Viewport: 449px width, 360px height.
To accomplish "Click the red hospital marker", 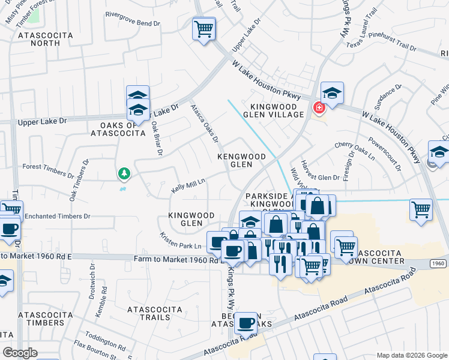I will click(319, 107).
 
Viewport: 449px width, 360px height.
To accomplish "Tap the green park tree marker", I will click(124, 174).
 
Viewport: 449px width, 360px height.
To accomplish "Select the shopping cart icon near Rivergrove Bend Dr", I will click(204, 28).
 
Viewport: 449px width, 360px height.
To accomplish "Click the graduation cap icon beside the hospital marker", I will click(332, 93).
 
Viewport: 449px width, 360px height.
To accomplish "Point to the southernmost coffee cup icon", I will click(246, 324).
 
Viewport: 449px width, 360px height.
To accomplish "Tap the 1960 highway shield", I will click(439, 263).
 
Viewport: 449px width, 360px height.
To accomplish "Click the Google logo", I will click(20, 353).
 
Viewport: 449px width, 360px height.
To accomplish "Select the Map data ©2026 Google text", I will click(412, 355).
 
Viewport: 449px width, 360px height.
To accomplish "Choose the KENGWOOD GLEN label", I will click(241, 160).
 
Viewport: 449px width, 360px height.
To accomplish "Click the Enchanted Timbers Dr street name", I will click(57, 216).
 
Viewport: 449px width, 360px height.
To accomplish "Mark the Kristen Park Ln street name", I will click(181, 241).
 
